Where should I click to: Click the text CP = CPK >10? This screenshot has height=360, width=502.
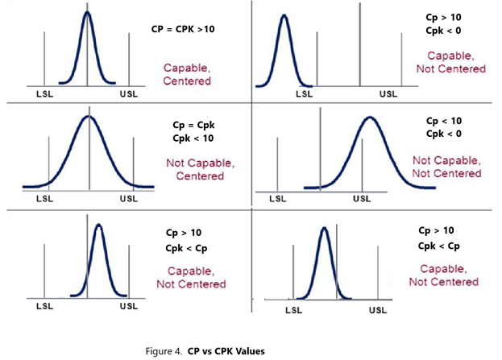[x=183, y=29]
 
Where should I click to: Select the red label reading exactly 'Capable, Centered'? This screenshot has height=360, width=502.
[x=187, y=74]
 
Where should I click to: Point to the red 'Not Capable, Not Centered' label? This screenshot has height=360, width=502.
[x=446, y=167]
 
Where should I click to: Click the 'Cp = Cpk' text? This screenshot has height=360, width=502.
[x=193, y=126]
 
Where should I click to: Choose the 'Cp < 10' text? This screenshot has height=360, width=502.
[x=445, y=120]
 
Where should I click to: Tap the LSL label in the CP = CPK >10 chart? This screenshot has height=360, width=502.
[x=46, y=94]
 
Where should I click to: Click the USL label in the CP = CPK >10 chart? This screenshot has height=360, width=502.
[x=128, y=94]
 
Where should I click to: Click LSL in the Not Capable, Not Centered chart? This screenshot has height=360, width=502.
[x=277, y=198]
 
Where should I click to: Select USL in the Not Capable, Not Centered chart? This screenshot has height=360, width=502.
[x=363, y=198]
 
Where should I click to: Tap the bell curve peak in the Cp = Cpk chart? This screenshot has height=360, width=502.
[x=89, y=118]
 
